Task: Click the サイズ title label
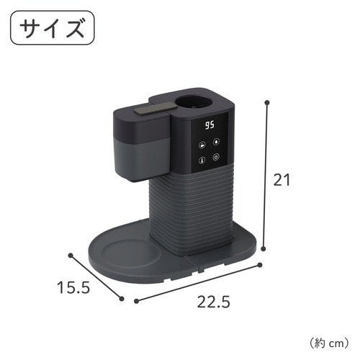coord(52,30)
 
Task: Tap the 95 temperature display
coord(210,125)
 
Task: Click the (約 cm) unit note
coord(328,341)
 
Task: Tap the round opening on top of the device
coord(197,103)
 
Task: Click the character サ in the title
coord(32,30)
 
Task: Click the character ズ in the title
coord(72,30)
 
